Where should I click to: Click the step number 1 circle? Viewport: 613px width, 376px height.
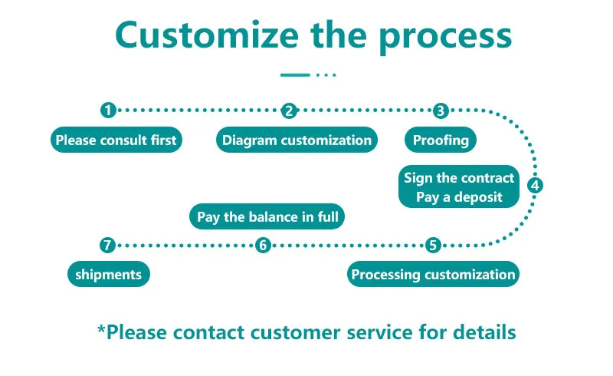click(108, 110)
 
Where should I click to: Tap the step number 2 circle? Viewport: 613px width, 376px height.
click(289, 110)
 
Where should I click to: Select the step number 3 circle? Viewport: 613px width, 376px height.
click(440, 110)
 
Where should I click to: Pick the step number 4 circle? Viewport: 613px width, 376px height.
click(536, 185)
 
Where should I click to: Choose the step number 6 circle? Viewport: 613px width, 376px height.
click(263, 246)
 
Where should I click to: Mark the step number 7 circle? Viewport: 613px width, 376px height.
click(108, 246)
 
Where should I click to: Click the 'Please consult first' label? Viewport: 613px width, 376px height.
click(116, 140)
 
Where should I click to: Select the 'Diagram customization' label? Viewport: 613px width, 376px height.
click(297, 140)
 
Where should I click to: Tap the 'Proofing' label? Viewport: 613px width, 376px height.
click(441, 140)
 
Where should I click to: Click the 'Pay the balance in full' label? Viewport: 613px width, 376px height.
click(267, 217)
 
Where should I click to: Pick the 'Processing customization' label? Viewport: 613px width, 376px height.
click(433, 274)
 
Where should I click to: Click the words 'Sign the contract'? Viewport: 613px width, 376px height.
click(459, 178)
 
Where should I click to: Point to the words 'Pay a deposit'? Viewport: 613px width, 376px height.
click(459, 197)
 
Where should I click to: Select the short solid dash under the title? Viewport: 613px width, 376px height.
click(295, 75)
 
